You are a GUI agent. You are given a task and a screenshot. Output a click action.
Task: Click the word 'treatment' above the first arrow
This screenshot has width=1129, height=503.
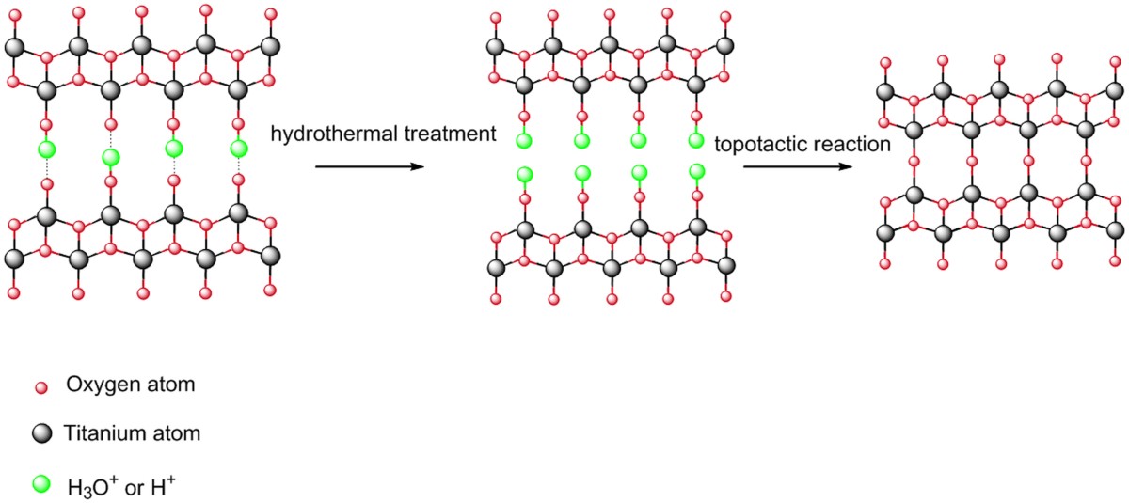443,135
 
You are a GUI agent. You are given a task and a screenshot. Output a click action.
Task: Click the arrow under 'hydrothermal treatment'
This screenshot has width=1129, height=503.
366,167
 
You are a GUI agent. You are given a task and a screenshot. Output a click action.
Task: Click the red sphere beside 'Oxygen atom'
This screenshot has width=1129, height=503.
40,387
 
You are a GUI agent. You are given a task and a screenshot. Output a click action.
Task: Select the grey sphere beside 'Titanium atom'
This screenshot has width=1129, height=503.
40,433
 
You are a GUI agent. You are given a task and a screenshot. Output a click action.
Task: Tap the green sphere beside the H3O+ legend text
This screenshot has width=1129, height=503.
40,485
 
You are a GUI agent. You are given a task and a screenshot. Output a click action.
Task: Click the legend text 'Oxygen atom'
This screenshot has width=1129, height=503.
119,385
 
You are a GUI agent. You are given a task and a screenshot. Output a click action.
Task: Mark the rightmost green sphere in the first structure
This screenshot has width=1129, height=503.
238,148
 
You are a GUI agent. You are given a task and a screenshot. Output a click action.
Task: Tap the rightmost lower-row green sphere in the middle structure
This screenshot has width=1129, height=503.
697,171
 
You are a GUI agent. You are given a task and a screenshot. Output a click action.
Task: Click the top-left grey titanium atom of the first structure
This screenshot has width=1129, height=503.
13,46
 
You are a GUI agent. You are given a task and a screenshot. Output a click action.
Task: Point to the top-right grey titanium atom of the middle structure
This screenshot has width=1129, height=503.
724,46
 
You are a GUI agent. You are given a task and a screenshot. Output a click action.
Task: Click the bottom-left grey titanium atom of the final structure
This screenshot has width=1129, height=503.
884,232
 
